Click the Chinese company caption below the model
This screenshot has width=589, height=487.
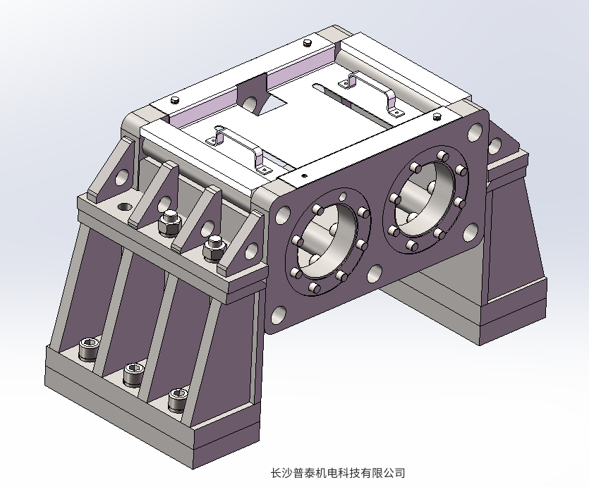coord(338,472)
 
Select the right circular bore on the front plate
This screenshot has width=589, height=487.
coord(425,199)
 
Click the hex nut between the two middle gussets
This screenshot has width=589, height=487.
coord(169,224)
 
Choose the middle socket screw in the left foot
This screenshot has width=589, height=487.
coord(133,374)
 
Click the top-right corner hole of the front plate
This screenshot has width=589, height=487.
coord(475,132)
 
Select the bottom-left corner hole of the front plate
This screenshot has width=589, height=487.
coord(280,315)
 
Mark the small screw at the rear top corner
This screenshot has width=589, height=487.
coord(308,44)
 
